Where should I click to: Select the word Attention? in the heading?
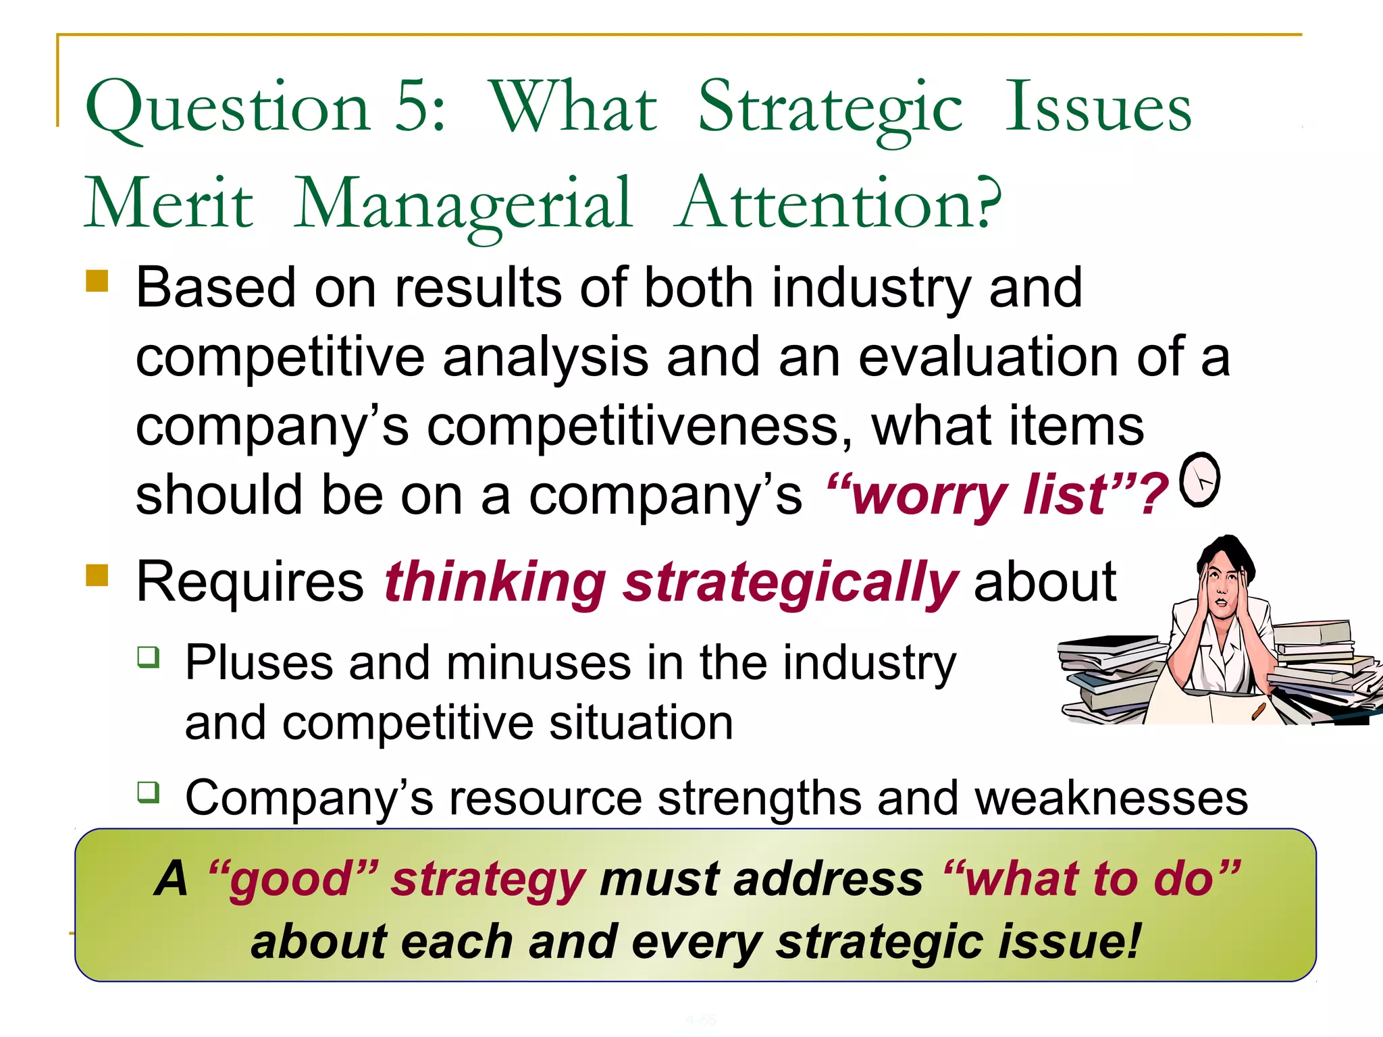point(838,203)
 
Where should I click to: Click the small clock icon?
point(1199,479)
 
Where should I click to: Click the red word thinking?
point(495,582)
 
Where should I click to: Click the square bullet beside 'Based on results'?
point(97,281)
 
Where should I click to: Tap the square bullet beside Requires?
point(97,575)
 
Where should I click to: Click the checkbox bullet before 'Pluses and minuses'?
point(148,656)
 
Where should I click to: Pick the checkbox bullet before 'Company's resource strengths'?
point(148,791)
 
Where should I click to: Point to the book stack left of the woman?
point(1111,679)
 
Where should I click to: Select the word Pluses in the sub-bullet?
point(259,663)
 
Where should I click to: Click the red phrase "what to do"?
point(1091,879)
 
